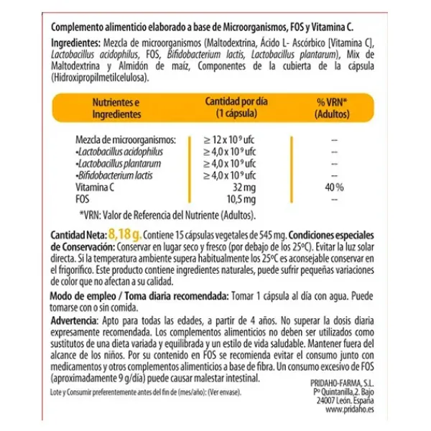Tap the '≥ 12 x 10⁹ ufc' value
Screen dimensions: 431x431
coord(229,140)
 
